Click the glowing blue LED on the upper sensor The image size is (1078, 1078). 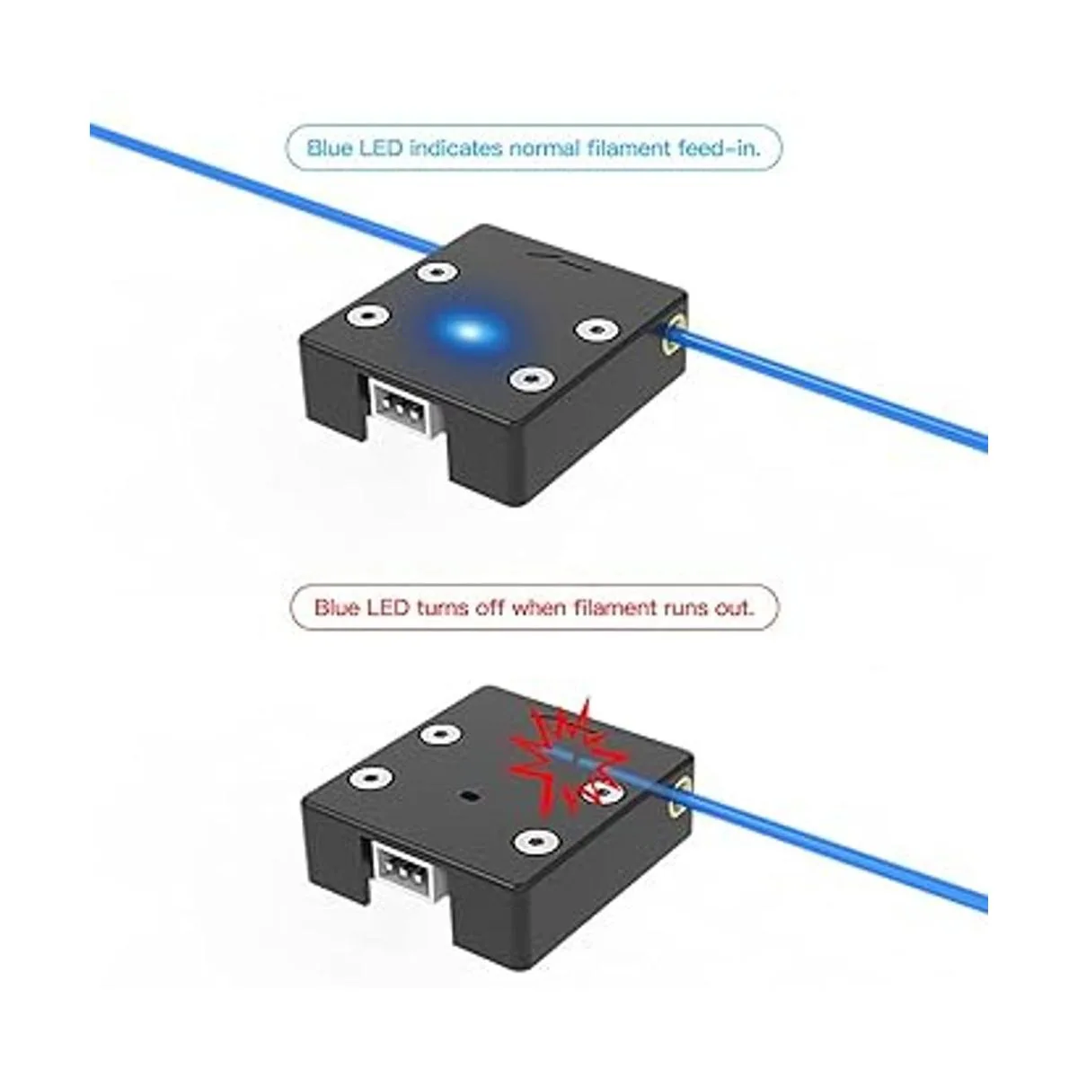[471, 331]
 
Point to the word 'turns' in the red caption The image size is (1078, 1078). [443, 607]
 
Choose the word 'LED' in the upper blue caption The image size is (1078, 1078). [377, 148]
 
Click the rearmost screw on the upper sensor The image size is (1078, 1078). [438, 273]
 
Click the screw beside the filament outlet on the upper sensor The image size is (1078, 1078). [596, 329]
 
